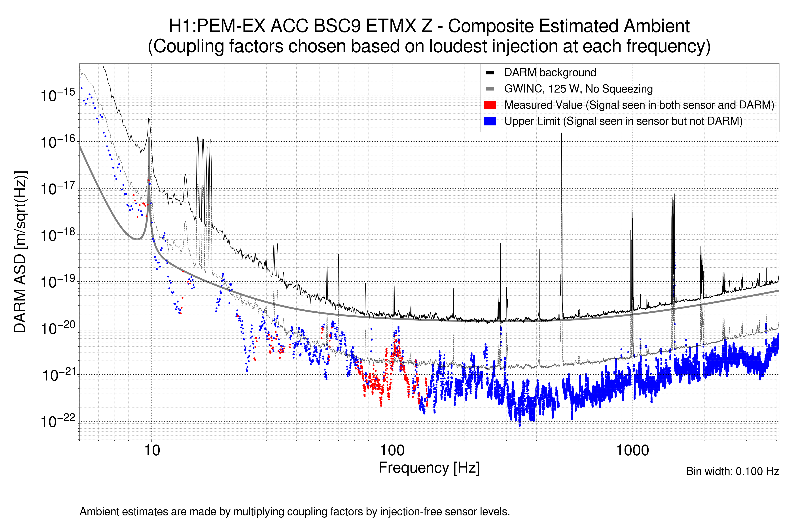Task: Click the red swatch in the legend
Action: [x=490, y=105]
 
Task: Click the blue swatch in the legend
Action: [x=490, y=121]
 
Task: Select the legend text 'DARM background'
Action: [x=550, y=72]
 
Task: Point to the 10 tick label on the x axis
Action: [x=152, y=450]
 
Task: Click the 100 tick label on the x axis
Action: [x=392, y=450]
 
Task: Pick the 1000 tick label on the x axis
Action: [x=632, y=450]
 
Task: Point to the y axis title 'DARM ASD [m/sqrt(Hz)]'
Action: [x=20, y=252]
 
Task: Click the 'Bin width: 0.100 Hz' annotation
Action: [x=732, y=471]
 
